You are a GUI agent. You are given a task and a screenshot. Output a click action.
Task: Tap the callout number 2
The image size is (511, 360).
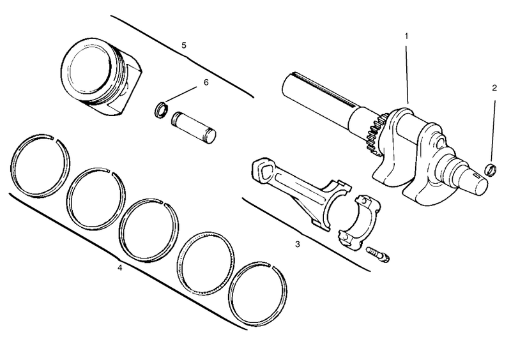coord(494,89)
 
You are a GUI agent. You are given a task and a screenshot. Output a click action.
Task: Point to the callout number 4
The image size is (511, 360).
coord(119,267)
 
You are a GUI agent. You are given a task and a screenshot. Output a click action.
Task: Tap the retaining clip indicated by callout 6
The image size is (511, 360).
coord(163,110)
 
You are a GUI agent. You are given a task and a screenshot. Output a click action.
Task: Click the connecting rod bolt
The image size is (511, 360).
coord(379,254)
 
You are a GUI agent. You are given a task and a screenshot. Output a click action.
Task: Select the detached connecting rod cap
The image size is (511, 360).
coord(362,220)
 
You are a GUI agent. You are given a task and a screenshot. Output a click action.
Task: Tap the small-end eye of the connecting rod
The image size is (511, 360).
coord(262,171)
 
